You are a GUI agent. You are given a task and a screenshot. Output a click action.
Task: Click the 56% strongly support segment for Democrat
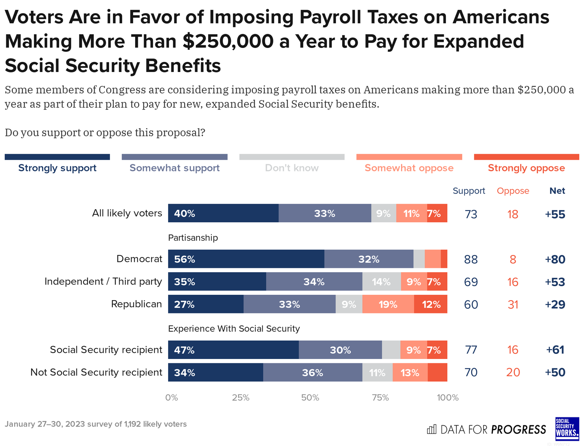246,259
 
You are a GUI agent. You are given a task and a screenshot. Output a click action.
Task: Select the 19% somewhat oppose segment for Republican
388,304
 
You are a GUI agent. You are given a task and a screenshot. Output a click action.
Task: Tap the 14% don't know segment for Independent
381,282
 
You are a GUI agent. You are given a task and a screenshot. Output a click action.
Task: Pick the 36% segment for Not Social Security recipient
313,372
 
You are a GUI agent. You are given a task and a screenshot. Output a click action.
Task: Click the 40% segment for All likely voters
223,213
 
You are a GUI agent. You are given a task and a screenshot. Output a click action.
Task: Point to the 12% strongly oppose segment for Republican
431,304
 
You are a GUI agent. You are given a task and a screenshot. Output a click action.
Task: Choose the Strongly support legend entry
57,168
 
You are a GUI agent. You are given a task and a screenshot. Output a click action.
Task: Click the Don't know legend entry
292,168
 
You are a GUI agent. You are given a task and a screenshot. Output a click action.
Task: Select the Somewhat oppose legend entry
409,168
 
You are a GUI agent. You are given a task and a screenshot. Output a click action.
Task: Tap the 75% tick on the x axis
380,398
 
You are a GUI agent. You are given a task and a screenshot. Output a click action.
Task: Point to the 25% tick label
241,398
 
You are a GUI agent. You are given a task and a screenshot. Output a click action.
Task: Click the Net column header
557,191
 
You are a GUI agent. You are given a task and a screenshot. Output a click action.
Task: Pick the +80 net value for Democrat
555,259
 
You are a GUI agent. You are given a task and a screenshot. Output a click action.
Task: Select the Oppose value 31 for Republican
513,304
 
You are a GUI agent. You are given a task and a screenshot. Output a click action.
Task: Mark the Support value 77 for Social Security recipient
471,350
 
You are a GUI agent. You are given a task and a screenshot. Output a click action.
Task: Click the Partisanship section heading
193,238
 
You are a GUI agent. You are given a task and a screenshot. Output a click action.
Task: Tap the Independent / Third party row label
103,282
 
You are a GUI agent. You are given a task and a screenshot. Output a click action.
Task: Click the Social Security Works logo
567,429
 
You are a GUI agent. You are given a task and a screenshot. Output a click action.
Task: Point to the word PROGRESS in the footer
518,429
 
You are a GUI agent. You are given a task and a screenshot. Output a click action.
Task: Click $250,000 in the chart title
228,41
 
